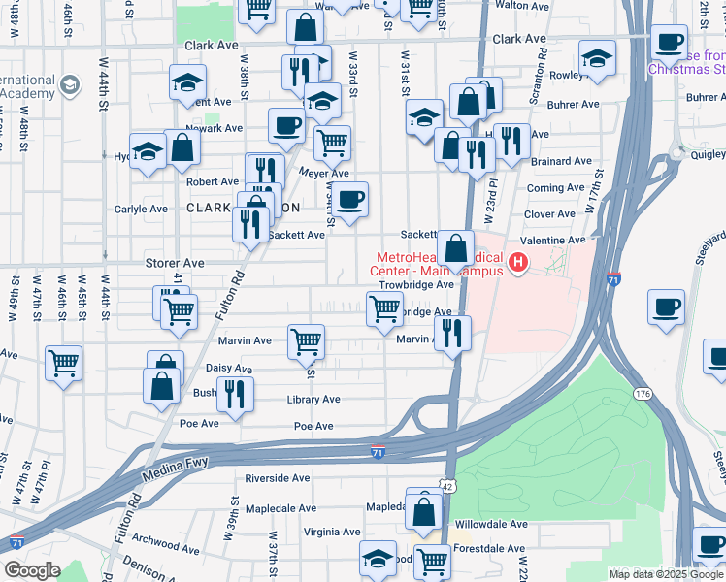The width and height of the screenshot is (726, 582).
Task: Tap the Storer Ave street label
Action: click(175, 263)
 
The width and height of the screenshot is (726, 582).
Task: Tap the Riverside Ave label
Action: click(277, 478)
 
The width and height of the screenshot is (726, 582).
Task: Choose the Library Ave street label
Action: click(313, 400)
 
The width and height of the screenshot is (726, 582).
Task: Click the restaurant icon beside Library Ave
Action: click(234, 393)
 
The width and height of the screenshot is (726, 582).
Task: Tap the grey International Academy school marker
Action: click(69, 86)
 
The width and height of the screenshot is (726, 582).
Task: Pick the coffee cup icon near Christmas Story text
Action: click(669, 44)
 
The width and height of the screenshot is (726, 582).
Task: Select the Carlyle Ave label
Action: click(142, 209)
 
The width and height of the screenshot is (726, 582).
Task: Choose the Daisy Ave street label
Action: click(229, 370)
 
